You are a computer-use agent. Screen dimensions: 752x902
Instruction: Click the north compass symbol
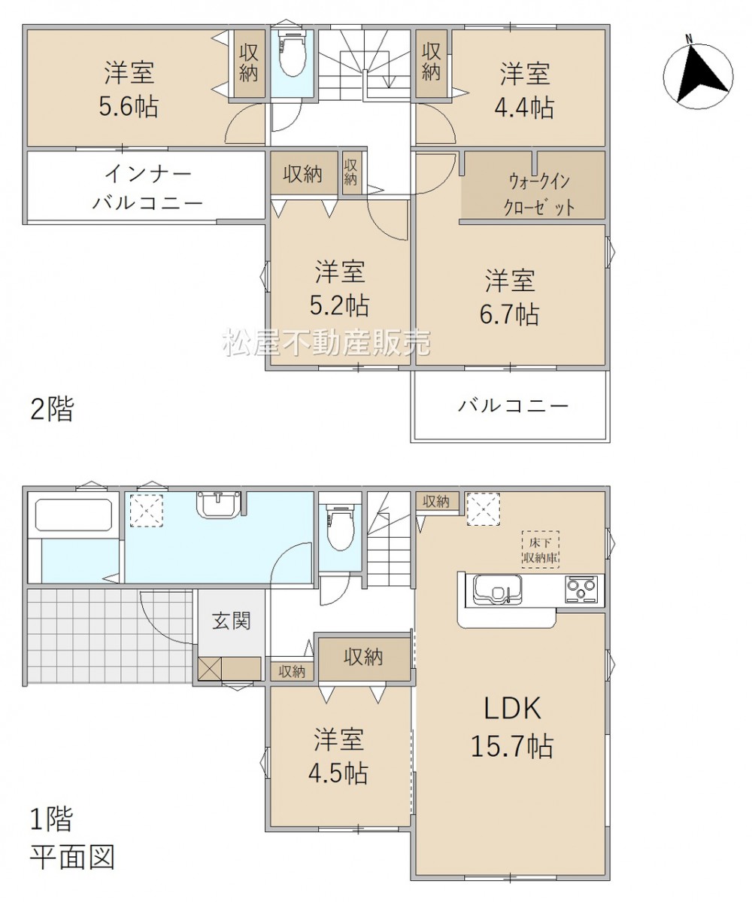(x=698, y=73)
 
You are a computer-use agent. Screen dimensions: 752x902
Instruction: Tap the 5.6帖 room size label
(x=129, y=106)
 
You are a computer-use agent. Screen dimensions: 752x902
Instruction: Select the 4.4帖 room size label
(x=524, y=107)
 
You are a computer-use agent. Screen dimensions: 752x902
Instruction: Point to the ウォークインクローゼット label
(x=538, y=194)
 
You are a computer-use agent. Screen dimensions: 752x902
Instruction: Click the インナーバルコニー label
(x=147, y=187)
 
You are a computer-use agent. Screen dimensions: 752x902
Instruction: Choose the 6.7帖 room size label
(x=509, y=314)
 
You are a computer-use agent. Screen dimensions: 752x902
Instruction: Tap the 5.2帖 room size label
(x=339, y=305)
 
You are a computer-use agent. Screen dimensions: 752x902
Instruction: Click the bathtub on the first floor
(x=73, y=515)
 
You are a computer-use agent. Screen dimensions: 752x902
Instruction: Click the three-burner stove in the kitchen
(x=581, y=590)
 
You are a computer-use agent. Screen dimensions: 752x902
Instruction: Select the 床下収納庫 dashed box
(x=541, y=549)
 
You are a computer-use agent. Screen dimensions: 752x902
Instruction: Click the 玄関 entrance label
(x=231, y=621)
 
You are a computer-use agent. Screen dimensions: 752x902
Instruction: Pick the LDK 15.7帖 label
(x=511, y=727)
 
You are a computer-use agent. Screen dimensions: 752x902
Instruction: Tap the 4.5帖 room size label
(x=338, y=773)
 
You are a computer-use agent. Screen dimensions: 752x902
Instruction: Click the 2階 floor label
(x=52, y=410)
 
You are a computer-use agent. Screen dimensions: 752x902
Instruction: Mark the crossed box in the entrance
(x=209, y=668)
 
